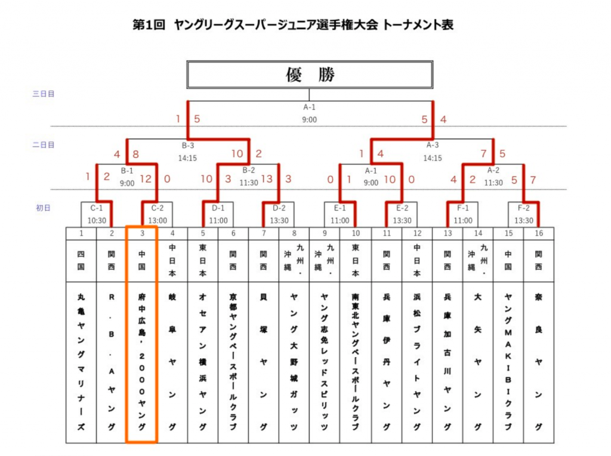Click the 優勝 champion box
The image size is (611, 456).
[x=310, y=75]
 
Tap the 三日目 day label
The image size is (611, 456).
[x=43, y=94]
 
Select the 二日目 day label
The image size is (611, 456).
[x=43, y=145]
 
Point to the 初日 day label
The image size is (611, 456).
[x=43, y=208]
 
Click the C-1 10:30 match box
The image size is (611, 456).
[x=97, y=215]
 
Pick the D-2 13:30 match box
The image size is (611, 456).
[x=279, y=215]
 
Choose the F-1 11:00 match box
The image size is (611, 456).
[x=463, y=215]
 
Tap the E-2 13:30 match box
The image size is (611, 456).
[x=402, y=215]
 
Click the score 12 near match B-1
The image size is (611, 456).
[x=146, y=179]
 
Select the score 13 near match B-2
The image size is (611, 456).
[x=267, y=179]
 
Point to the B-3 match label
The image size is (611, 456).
[x=188, y=145]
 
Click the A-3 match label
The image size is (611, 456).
[x=433, y=145]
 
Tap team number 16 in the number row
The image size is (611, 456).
[x=539, y=233]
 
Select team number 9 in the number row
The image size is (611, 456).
[x=325, y=233]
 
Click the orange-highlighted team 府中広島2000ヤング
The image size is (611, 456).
[x=142, y=334]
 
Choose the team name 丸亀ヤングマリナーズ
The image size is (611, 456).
[x=81, y=362]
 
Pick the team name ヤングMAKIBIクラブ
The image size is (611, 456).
[x=508, y=362]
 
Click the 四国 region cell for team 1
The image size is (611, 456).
[x=81, y=260]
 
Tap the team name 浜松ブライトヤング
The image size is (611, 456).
[x=417, y=362]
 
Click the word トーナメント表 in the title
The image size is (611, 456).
[x=418, y=25]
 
